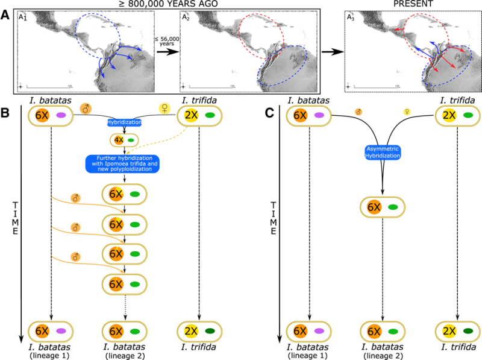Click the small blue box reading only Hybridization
coord(124,122)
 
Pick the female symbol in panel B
coord(164,109)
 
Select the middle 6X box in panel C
coord(382,207)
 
